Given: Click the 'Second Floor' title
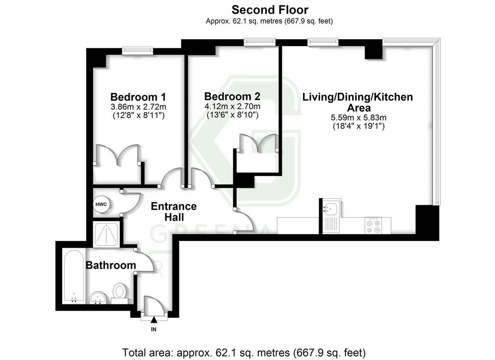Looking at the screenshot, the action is [x=270, y=10].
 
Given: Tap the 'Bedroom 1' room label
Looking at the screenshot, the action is [x=138, y=97].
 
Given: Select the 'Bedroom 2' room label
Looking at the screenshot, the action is [x=232, y=96].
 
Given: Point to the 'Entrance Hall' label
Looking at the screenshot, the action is [x=174, y=212].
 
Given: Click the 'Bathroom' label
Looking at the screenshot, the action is [x=111, y=265].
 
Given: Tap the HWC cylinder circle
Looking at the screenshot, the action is [x=101, y=205].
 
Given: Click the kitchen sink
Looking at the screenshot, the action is [x=331, y=215].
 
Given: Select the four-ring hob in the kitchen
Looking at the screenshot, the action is [x=373, y=225].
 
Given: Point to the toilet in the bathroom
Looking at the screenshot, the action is [x=119, y=293].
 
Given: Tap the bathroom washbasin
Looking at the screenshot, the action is [x=98, y=298].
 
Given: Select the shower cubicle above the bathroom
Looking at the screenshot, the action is [x=106, y=234].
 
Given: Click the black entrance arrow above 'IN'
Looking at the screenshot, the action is [x=154, y=320].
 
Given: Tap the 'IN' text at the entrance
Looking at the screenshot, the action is [x=154, y=330].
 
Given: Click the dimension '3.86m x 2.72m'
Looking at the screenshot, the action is [x=138, y=107].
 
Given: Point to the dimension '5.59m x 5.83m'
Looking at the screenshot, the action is [x=359, y=118].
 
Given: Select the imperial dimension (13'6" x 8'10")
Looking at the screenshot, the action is [x=233, y=115].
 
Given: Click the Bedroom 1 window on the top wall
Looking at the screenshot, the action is [x=138, y=50].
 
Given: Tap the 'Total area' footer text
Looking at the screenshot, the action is [x=244, y=352].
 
